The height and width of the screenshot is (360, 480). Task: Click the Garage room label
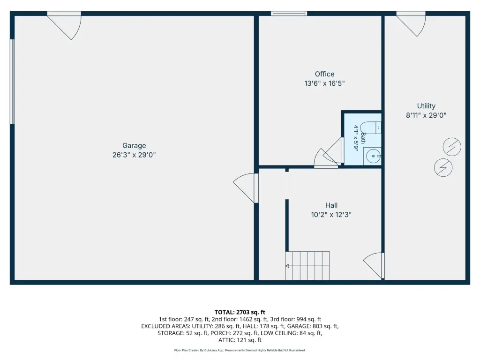coord(134,145)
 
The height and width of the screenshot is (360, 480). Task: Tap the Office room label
coord(324,74)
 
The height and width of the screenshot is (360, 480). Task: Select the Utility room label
coord(426,106)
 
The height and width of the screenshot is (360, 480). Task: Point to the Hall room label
coord(331,205)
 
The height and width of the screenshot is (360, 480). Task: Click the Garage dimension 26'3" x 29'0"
coord(134,155)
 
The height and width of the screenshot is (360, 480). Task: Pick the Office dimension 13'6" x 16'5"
coord(324,83)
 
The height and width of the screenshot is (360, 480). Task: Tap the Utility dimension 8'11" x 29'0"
coord(426,115)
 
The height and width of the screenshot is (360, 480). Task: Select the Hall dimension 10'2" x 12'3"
coord(331,215)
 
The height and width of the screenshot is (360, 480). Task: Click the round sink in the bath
coord(373,156)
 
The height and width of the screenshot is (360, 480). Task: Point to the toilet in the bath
coord(371,127)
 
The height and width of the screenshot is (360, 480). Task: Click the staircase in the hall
coord(307,266)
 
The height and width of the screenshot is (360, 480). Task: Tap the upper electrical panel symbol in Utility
coord(452,147)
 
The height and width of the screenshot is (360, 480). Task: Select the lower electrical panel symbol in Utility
coord(443,167)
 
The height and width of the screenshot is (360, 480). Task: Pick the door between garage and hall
coord(246,188)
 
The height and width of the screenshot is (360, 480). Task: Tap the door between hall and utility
coord(374,265)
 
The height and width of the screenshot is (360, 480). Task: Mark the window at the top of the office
coord(289,13)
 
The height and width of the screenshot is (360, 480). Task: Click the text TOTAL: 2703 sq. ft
coord(240,312)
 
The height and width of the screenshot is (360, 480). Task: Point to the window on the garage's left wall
coord(12,82)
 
